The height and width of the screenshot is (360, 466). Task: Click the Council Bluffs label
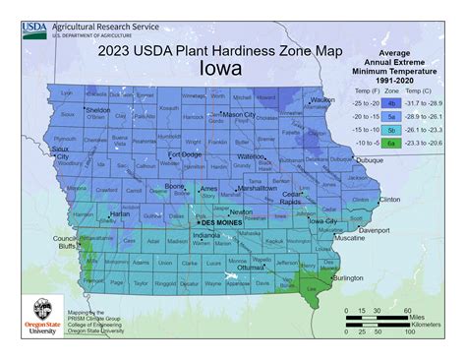(x=65, y=243)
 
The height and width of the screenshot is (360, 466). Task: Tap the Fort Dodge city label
(x=185, y=153)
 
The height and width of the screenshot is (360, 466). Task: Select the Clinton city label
(x=389, y=200)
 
